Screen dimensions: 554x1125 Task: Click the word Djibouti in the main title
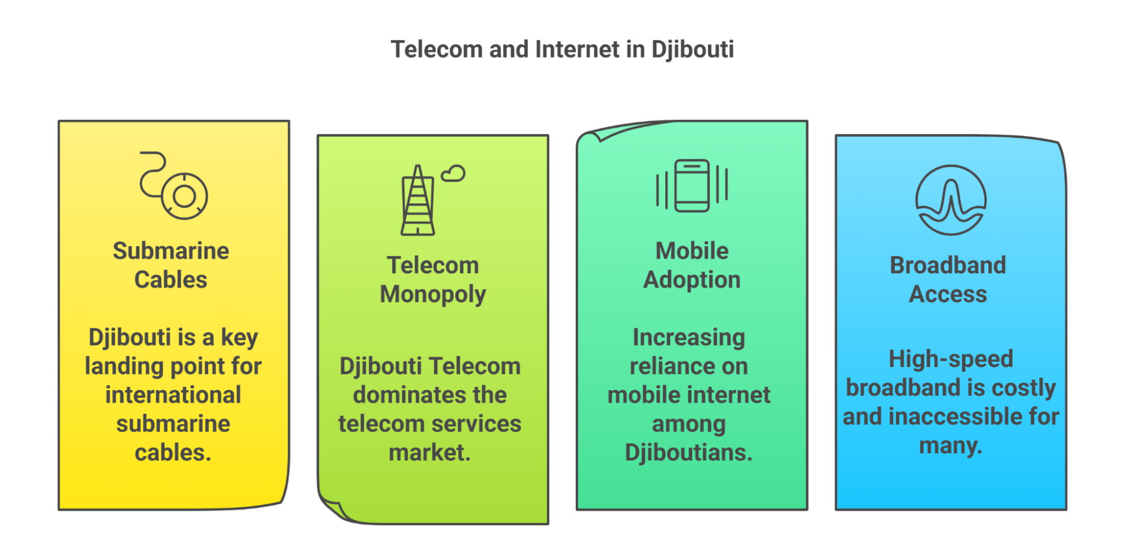point(692,50)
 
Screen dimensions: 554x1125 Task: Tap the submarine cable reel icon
point(174,186)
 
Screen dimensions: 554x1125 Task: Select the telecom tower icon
point(418,200)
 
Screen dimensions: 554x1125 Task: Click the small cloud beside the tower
point(453,173)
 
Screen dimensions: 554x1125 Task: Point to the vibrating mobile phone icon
point(692,186)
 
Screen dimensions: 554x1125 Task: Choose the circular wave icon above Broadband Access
point(951,200)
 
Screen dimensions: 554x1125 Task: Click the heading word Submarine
point(171,251)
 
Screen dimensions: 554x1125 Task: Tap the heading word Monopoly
point(432,294)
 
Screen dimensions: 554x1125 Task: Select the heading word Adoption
point(692,280)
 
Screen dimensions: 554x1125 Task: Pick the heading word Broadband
point(948,265)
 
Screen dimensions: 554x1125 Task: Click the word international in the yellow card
point(173,395)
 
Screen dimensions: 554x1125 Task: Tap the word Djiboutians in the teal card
point(688,453)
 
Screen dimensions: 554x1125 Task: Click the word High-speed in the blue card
point(951,359)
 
